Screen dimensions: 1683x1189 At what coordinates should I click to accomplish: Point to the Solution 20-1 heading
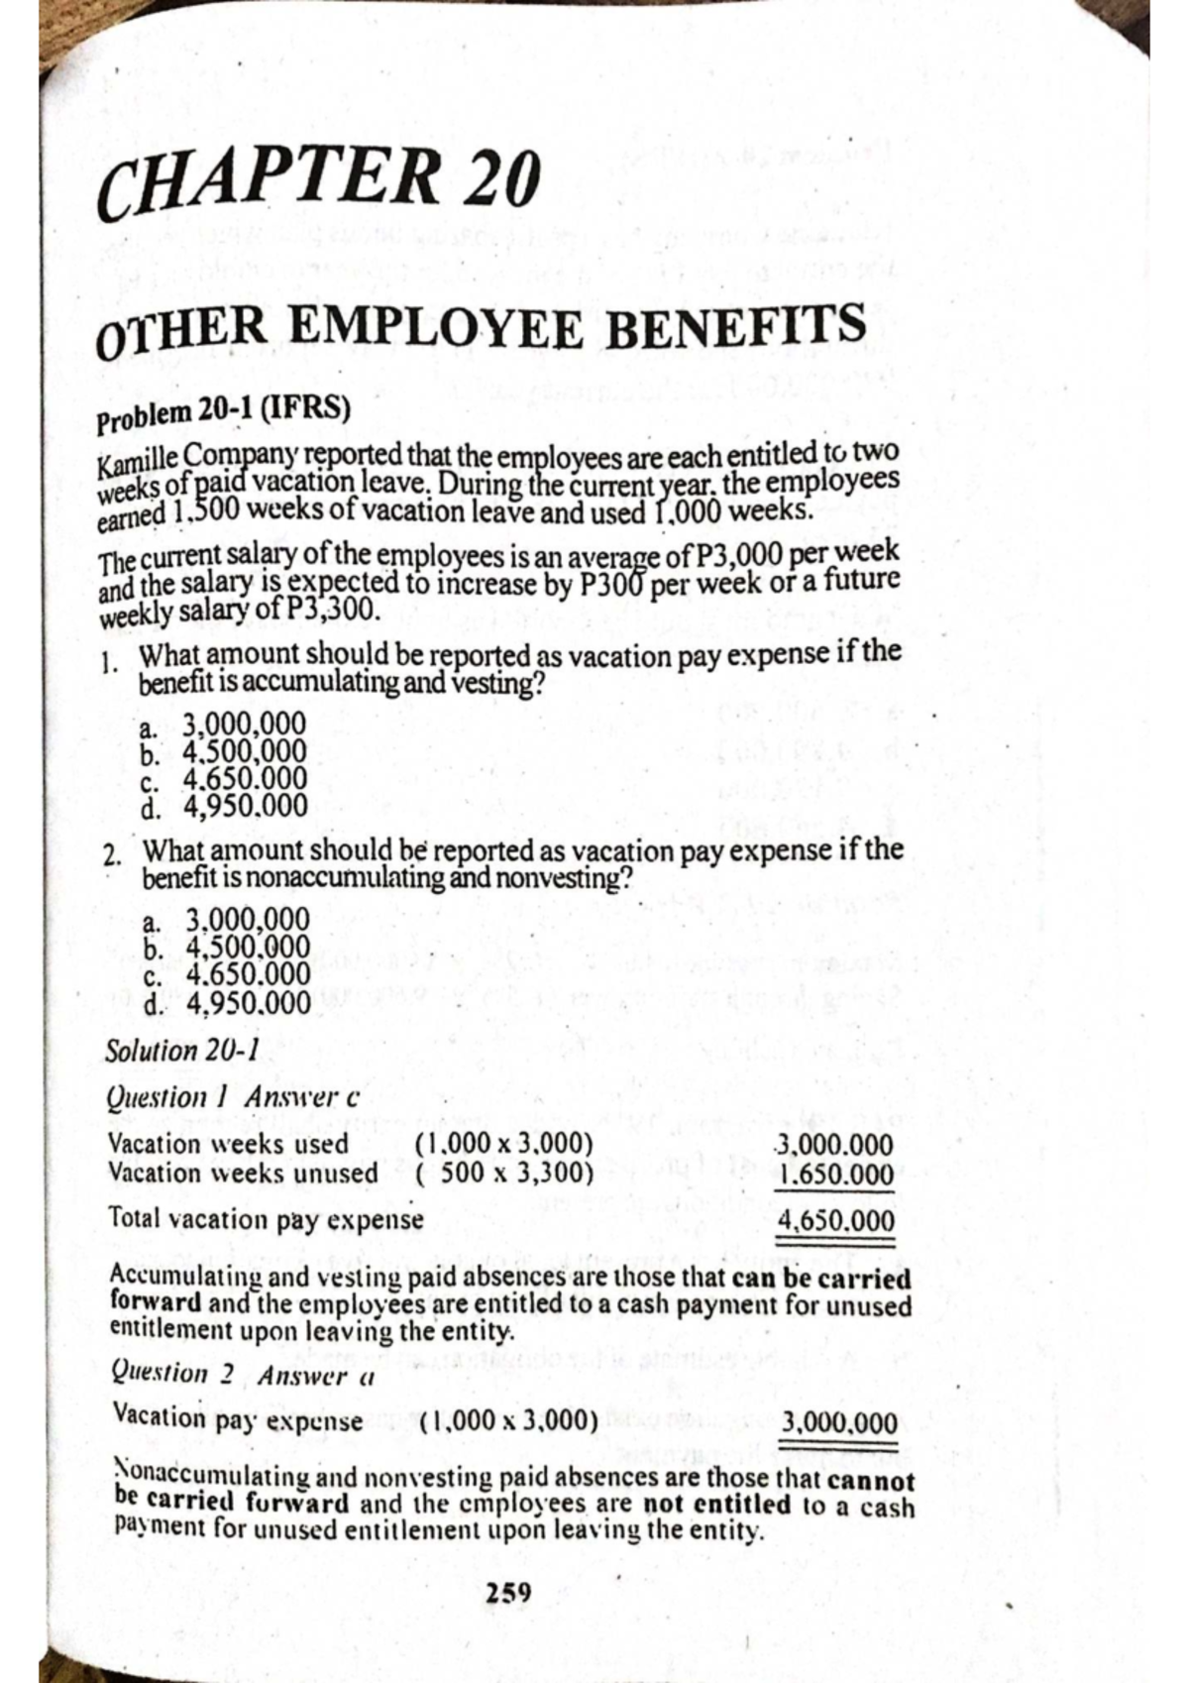click(181, 1049)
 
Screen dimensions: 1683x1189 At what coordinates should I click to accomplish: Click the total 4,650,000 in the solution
click(837, 1220)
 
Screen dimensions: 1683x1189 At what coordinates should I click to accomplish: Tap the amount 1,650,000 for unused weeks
click(836, 1177)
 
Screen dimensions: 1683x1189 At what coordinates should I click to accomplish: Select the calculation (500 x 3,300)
click(505, 1174)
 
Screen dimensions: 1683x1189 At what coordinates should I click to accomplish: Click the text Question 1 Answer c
click(231, 1098)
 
